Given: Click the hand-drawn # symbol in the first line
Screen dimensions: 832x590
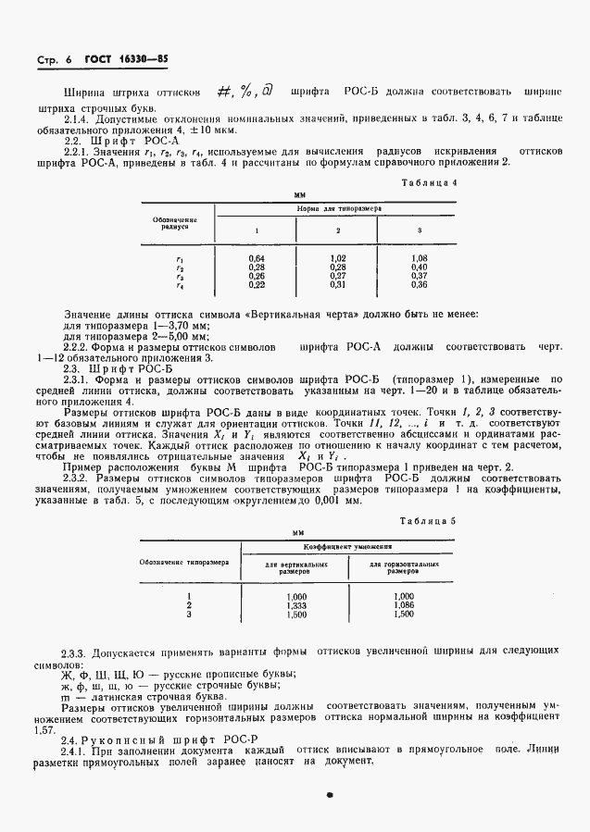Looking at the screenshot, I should pos(223,92).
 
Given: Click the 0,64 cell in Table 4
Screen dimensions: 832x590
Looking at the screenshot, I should pos(257,258).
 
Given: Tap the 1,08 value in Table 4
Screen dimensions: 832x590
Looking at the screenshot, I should pos(420,258).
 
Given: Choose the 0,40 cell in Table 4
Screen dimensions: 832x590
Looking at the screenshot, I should pos(420,267).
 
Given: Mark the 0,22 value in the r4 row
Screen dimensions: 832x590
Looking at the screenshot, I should pos(257,284).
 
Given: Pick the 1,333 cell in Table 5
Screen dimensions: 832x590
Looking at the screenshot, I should pos(297,604).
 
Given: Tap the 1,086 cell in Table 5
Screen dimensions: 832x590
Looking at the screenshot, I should pos(404,604).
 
